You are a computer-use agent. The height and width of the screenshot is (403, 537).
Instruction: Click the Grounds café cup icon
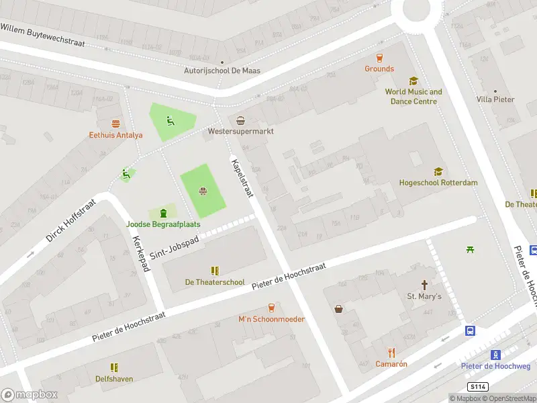[x=379, y=58]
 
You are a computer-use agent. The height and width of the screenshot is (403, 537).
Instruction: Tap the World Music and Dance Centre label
[x=413, y=97]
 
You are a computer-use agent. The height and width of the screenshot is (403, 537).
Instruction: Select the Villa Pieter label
[x=495, y=99]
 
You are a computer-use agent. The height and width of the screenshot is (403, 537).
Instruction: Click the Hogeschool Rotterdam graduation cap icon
[x=438, y=172]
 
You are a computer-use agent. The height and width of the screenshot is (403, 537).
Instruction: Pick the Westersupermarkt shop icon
[x=241, y=121]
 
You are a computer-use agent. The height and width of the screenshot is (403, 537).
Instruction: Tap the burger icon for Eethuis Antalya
[x=116, y=124]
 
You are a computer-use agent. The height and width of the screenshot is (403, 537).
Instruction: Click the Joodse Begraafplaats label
[x=163, y=224]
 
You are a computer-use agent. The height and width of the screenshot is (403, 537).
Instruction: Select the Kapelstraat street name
[x=242, y=178]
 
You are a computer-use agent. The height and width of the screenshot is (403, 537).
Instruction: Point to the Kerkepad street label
[x=140, y=254]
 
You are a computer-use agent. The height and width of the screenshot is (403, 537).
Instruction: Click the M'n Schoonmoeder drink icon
[x=271, y=308]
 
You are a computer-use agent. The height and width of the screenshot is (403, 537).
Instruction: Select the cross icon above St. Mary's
[x=424, y=285]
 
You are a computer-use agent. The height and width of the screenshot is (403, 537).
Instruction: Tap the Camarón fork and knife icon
[x=391, y=353]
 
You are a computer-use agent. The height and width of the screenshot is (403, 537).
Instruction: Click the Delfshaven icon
[x=114, y=367]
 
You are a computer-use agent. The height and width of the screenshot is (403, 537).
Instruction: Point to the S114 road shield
[x=477, y=387]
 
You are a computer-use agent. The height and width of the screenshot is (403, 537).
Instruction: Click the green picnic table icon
[x=471, y=250]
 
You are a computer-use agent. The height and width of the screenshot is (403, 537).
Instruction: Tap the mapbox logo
[x=30, y=395]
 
